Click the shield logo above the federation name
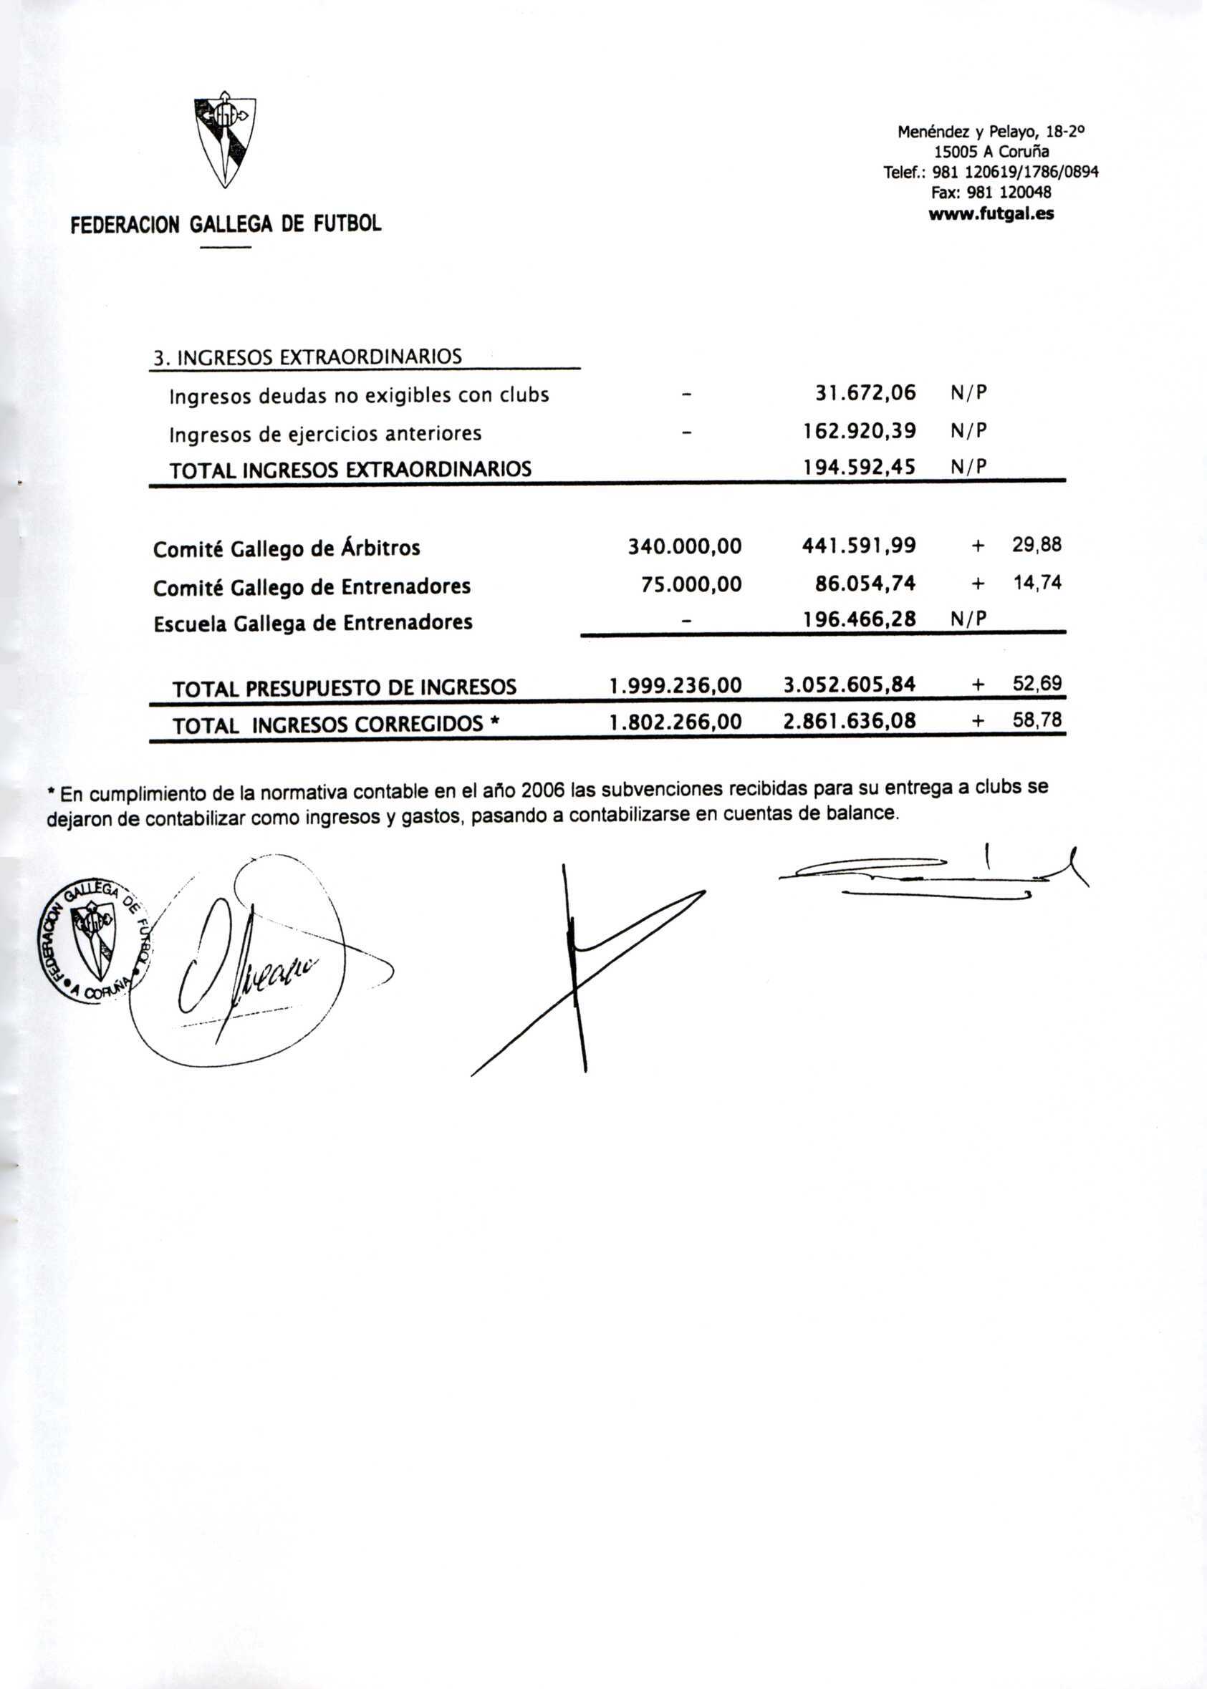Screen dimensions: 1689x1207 coord(224,142)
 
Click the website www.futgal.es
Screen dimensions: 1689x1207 coord(991,215)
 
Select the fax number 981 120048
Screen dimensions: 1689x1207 coord(991,193)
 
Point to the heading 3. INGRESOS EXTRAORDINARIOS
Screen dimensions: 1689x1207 coord(307,357)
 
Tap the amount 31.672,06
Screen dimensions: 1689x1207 coord(866,393)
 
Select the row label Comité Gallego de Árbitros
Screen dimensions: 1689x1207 coord(286,549)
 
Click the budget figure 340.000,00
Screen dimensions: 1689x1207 coord(685,547)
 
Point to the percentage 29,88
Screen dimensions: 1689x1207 coord(1037,546)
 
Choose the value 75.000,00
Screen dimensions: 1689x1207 coord(691,584)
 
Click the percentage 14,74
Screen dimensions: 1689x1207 coord(1037,583)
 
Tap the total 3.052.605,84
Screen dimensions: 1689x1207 coord(850,684)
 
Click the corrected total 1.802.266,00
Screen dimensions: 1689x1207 coord(675,722)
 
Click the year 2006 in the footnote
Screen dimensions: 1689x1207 coord(543,791)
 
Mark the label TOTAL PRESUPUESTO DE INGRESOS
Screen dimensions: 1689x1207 coord(344,688)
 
